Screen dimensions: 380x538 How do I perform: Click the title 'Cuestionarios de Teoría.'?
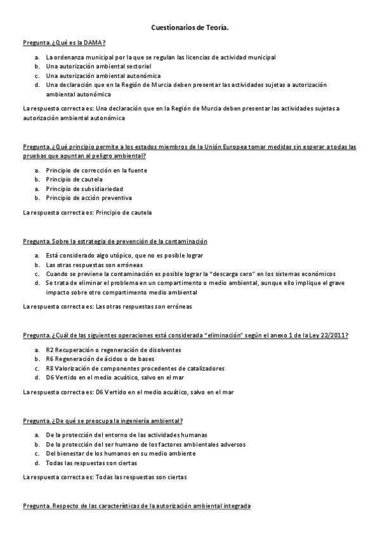click(190, 28)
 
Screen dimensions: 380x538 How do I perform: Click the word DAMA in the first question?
click(95, 43)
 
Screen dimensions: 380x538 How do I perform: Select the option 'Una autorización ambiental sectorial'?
click(98, 66)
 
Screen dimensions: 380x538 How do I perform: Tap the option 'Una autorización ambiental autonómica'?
click(102, 75)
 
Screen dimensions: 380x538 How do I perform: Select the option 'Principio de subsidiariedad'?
click(84, 188)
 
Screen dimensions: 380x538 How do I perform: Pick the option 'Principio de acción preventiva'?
click(89, 198)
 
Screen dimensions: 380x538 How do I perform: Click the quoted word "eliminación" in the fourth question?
click(226, 335)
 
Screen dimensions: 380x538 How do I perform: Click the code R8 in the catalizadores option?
click(49, 368)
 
